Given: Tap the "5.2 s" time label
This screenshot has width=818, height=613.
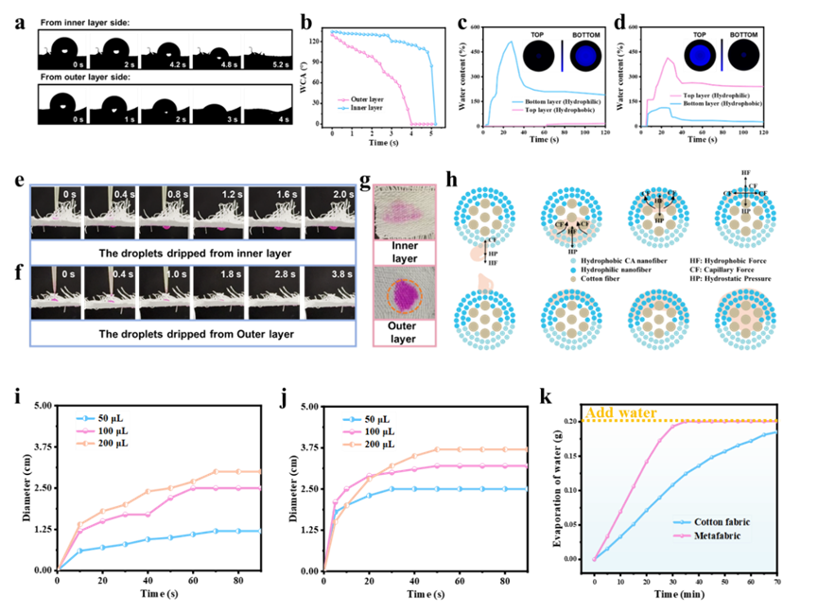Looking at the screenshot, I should [x=281, y=65].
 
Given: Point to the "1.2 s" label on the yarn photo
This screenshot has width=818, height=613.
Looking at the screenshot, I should [x=234, y=194].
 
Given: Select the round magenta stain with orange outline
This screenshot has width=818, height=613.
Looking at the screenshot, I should [x=405, y=293].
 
